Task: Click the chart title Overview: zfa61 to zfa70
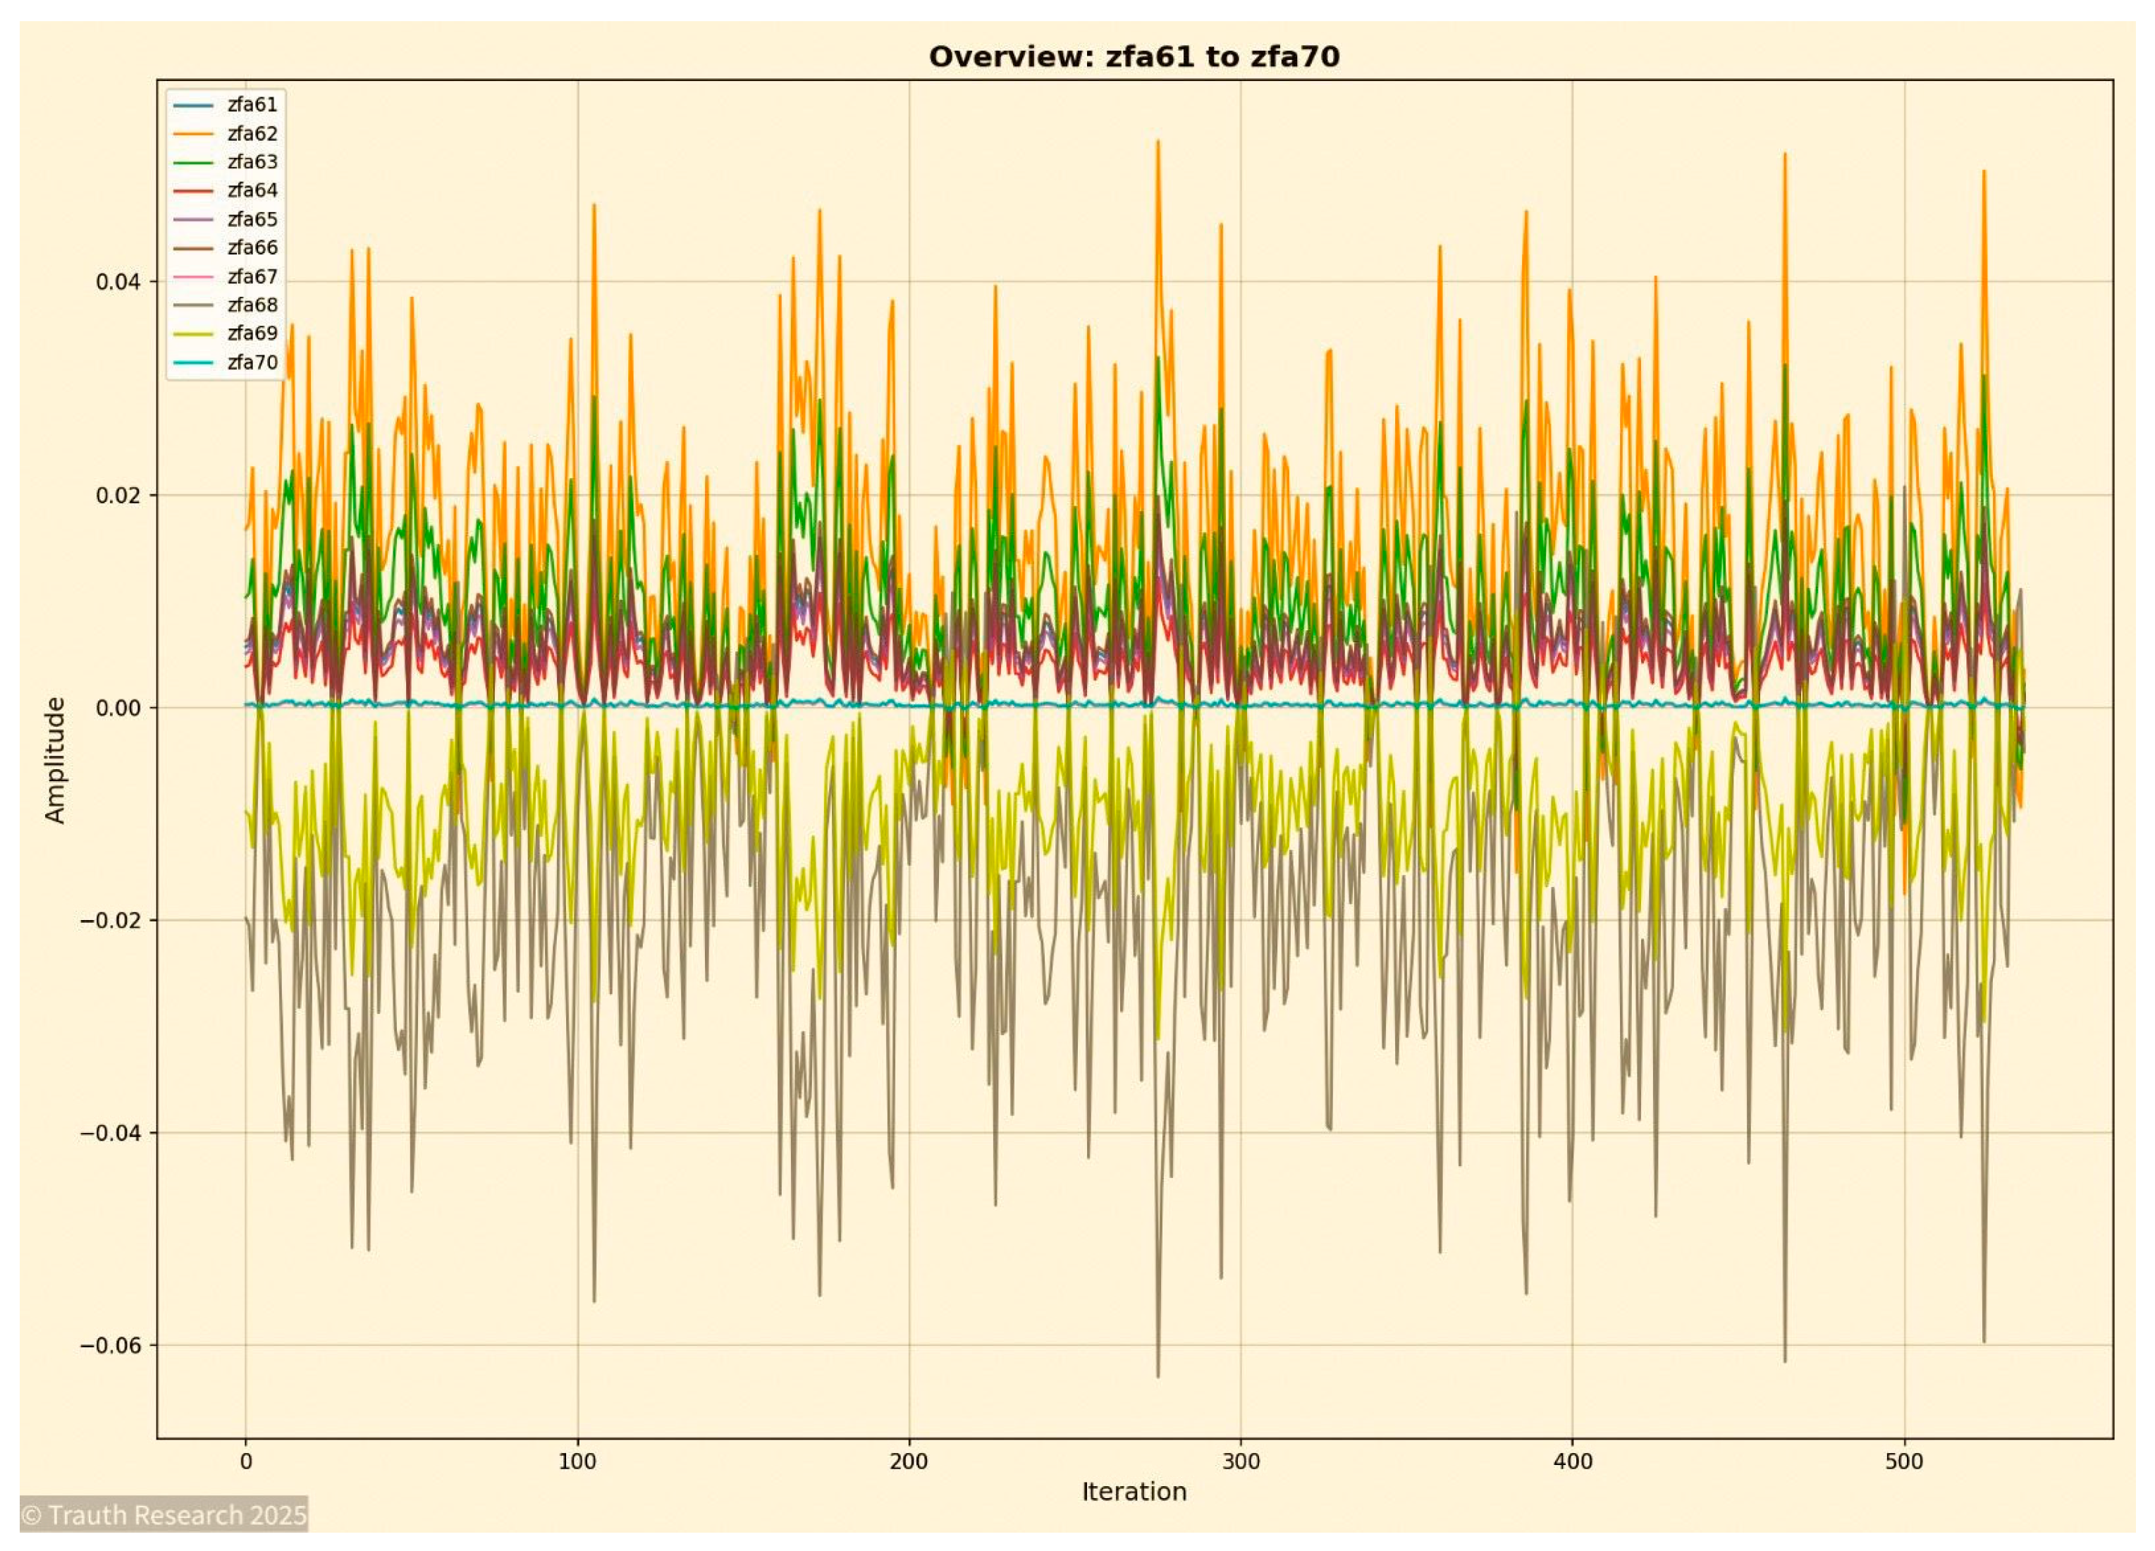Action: (x=1134, y=57)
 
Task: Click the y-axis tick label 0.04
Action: (x=118, y=281)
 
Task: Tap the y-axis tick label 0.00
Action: (x=118, y=707)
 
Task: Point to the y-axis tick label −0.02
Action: (x=110, y=920)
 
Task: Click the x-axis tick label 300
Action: (x=1240, y=1461)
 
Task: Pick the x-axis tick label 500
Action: (x=1903, y=1461)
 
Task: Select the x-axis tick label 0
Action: (x=246, y=1461)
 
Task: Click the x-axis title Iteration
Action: (x=1134, y=1491)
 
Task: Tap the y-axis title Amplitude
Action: (x=55, y=760)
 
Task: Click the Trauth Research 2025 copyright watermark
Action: (x=164, y=1514)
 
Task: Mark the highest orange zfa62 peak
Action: (x=1158, y=142)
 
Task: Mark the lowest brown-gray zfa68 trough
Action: (x=1158, y=1376)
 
